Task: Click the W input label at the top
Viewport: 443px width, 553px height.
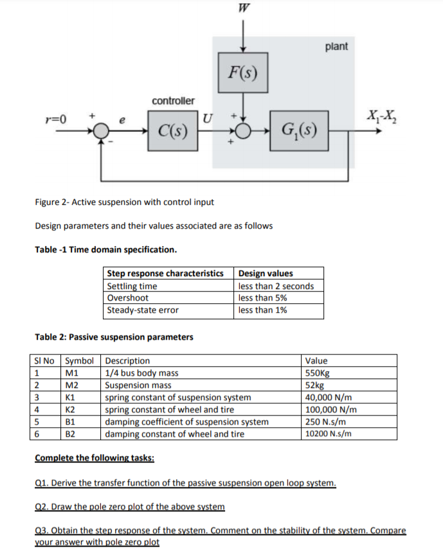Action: pyautogui.click(x=242, y=8)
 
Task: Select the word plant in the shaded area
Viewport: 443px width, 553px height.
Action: pyautogui.click(x=337, y=47)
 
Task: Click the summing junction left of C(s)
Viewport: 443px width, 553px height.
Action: pyautogui.click(x=100, y=134)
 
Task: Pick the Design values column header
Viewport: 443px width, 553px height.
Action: pyautogui.click(x=265, y=274)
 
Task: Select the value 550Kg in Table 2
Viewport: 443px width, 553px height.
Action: pyautogui.click(x=320, y=373)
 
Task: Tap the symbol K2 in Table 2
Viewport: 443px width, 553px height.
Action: pyautogui.click(x=71, y=410)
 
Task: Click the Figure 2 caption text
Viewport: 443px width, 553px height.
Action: pyautogui.click(x=124, y=202)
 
